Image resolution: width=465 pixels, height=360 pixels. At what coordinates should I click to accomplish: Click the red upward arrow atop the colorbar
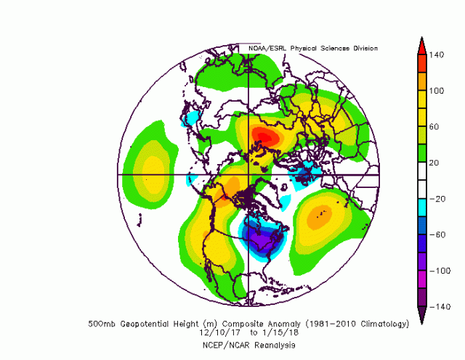(421, 44)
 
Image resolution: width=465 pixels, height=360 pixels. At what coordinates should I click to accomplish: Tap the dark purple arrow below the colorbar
(421, 316)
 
